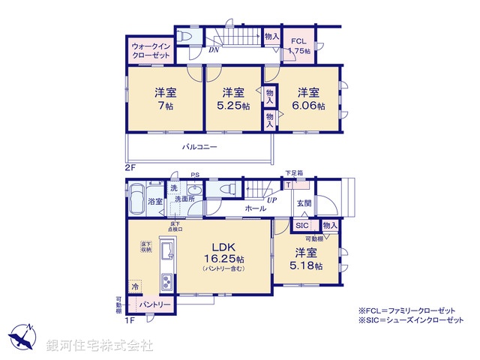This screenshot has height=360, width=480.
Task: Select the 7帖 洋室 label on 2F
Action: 165,99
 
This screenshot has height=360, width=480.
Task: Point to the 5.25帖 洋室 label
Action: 232,99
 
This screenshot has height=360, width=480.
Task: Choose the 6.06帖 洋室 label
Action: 310,99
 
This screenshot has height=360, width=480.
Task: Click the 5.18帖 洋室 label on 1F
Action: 308,259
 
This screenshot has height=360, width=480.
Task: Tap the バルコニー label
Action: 199,148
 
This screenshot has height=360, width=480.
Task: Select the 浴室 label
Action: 155,202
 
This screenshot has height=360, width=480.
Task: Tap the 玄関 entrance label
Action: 304,202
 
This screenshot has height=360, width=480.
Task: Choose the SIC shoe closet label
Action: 301,225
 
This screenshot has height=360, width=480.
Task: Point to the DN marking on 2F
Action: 214,51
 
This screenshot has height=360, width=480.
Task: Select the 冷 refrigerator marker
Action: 135,286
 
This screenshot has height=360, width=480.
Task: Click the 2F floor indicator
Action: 131,166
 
